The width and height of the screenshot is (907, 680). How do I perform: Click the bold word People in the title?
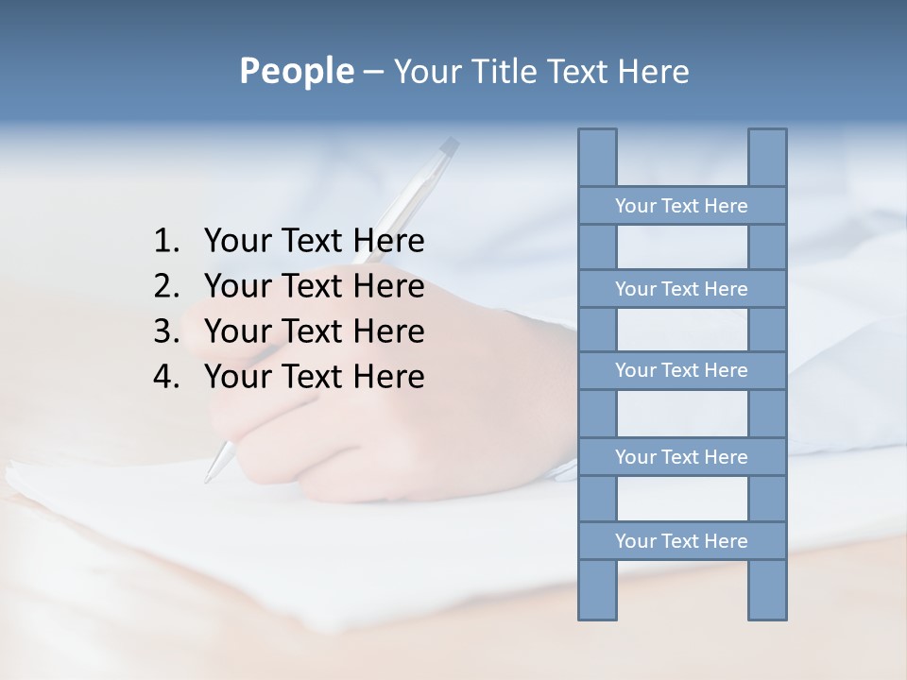296,71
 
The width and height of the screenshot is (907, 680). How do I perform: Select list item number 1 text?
314,241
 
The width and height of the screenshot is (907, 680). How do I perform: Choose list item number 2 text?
314,286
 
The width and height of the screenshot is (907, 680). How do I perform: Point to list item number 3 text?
314,331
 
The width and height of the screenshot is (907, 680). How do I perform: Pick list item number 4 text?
314,377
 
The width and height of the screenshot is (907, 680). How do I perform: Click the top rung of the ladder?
681,206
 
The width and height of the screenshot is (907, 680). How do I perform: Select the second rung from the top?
681,289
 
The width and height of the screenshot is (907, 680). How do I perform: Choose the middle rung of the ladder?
681,370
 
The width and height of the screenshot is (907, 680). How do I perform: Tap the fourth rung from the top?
681,457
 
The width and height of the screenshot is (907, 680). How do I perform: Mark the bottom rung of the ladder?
681,541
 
